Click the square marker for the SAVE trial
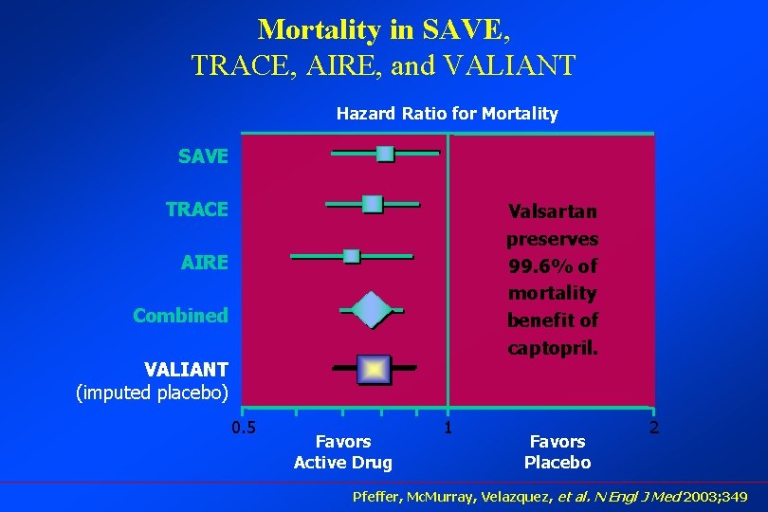pos(385,154)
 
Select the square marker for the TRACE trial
pos(372,204)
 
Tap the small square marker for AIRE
pos(351,256)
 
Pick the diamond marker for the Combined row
pos(371,309)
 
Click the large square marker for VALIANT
pos(374,368)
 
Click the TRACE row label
pos(196,210)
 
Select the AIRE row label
pos(204,263)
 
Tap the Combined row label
pos(180,316)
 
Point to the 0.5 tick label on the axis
pos(244,428)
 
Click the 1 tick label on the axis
pos(448,428)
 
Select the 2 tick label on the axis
pos(653,428)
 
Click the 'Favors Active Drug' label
pos(343,452)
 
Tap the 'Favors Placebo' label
pos(558,452)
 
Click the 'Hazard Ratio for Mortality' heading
pos(447,114)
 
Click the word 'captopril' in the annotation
pos(550,347)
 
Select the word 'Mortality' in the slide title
pos(320,29)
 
